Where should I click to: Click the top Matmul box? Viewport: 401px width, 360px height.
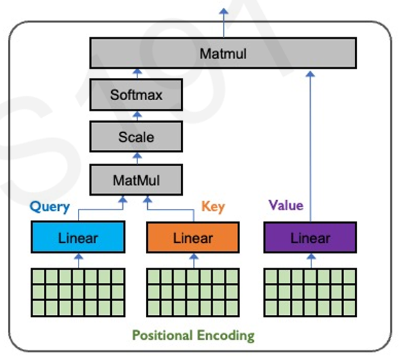pos(223,53)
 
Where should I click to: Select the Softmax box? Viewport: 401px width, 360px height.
pos(136,96)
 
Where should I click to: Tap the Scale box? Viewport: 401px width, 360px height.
pos(136,137)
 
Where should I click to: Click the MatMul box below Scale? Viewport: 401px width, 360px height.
pos(136,179)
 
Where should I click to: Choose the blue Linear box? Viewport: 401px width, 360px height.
pos(78,238)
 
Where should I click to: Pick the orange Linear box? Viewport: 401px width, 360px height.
pos(193,238)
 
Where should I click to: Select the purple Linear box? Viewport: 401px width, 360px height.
pos(310,238)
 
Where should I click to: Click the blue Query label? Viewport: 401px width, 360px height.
pos(50,207)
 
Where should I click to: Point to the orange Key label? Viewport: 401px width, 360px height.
pos(213,207)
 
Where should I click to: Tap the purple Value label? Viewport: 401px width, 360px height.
pos(286,206)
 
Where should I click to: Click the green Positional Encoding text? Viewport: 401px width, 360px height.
pos(193,336)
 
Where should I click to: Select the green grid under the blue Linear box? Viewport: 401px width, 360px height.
pos(78,291)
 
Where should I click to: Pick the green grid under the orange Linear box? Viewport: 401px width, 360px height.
pos(193,291)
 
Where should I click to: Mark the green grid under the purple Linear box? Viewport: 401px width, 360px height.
pos(310,291)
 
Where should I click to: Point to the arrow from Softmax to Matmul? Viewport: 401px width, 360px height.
pos(137,73)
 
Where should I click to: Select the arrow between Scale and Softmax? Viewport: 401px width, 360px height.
pos(137,117)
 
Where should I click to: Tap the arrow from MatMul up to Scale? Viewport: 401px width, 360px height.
pos(137,158)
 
